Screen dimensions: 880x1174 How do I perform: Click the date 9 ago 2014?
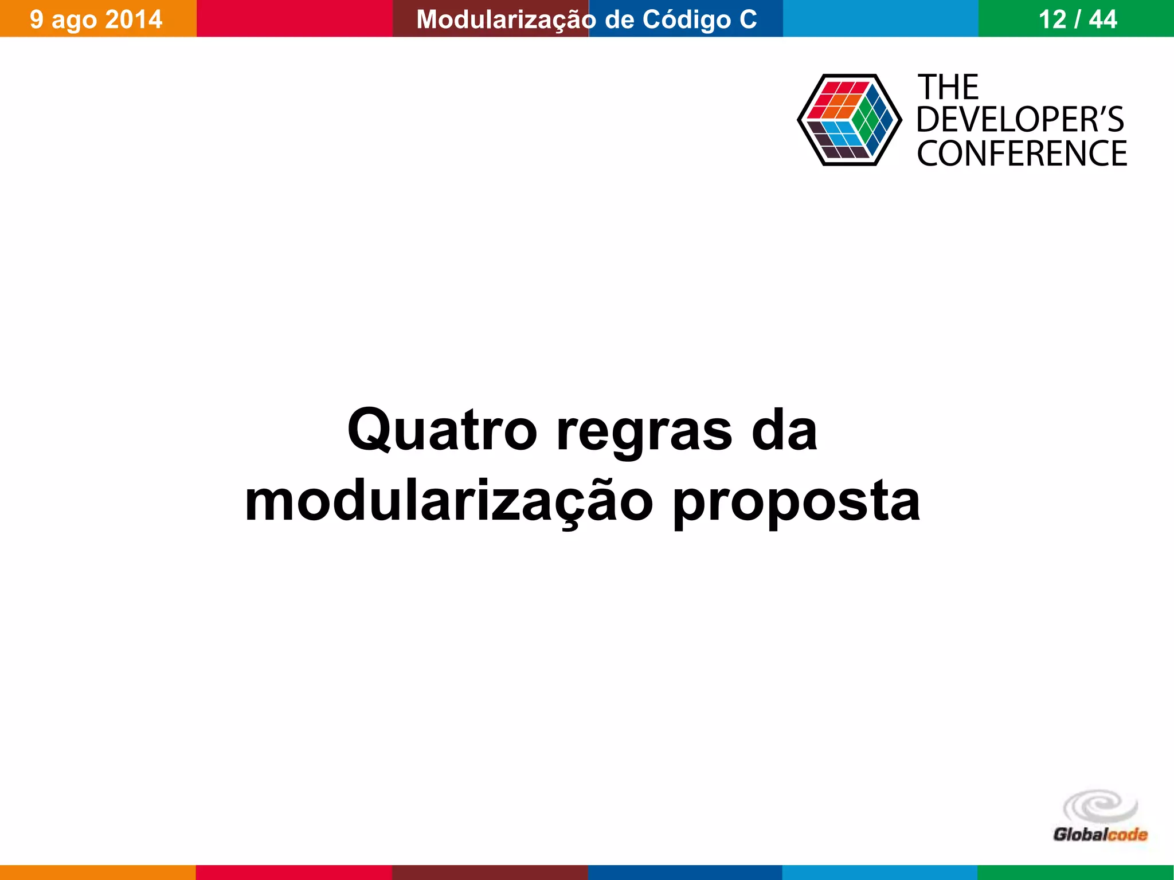click(x=96, y=19)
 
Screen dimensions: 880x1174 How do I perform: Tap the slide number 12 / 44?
click(x=1078, y=19)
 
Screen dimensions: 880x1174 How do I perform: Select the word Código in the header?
click(x=687, y=19)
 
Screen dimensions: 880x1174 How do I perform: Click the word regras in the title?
click(x=644, y=433)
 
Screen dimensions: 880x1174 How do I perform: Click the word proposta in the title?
click(x=796, y=503)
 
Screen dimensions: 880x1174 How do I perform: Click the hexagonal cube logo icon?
click(x=849, y=120)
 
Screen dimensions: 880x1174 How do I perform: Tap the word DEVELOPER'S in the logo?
click(x=1020, y=120)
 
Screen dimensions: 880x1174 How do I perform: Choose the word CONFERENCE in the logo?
click(x=1022, y=153)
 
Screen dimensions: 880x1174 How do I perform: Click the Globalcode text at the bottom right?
click(x=1100, y=834)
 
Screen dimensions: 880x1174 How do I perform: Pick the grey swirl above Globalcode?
click(x=1101, y=807)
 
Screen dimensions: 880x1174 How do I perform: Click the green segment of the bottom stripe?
click(x=1075, y=873)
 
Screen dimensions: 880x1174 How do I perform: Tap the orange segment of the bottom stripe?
click(x=97, y=873)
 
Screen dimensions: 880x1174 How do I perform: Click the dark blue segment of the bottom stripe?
click(x=685, y=873)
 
